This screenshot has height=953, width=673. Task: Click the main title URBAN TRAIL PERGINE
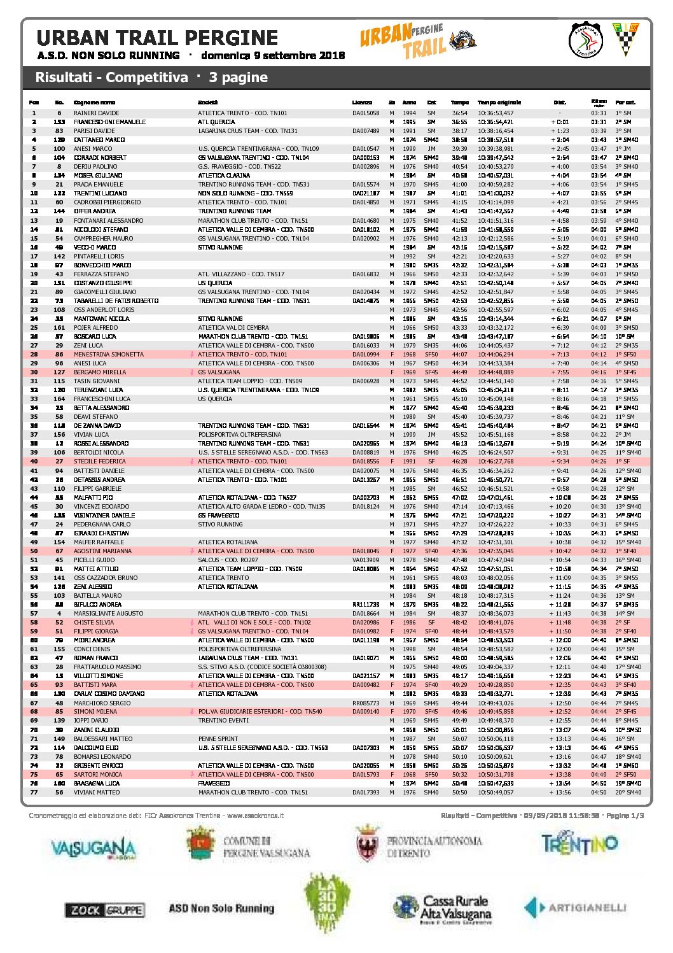coord(157,38)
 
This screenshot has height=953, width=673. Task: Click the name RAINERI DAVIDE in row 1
coord(96,113)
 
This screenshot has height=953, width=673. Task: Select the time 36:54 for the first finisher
coord(459,113)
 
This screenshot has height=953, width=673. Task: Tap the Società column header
coord(207,102)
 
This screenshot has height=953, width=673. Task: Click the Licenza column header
coord(362,102)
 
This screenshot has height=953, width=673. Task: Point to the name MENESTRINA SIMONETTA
coord(108,355)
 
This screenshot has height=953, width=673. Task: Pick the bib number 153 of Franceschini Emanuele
coord(59,122)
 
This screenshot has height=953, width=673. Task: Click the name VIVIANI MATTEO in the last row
coord(96,793)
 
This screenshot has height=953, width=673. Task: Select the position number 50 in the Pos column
coord(34,551)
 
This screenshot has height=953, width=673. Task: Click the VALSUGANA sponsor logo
coord(93,848)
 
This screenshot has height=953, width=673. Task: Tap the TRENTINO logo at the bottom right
coord(579,844)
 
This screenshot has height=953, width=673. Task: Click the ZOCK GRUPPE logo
coord(104,910)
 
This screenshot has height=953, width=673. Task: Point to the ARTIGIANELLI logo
coord(576,908)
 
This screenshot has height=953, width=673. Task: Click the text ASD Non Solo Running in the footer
coord(221,908)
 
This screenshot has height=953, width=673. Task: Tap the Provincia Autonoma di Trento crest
coord(367,844)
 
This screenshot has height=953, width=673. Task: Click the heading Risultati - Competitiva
coord(111,78)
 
